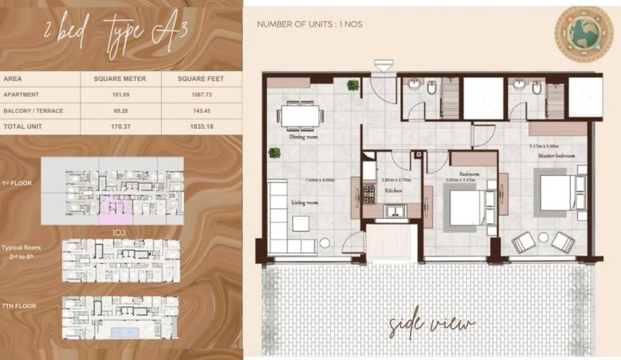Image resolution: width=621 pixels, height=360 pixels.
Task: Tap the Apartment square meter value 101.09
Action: coord(120,95)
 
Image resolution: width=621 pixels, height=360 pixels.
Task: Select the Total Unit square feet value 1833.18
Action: coord(201,126)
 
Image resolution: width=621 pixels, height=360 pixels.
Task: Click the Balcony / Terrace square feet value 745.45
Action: coord(201,111)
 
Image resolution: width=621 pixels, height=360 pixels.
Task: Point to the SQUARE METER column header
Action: coord(120,78)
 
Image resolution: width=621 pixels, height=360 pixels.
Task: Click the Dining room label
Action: coord(303,138)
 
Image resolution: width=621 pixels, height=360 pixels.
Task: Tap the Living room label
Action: coord(305,203)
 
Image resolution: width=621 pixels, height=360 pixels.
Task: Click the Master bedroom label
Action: coord(557,155)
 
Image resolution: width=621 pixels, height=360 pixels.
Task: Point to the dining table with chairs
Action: coord(300,115)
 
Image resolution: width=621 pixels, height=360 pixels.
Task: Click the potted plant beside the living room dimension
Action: coord(274,152)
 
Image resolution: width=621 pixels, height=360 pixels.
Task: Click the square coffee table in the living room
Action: coord(301,224)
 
